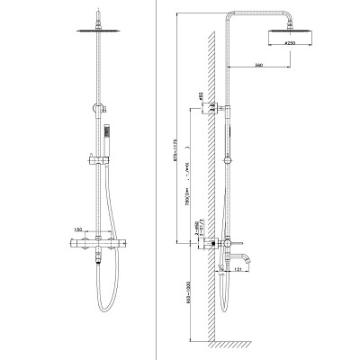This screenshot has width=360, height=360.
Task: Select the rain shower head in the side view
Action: click(292, 31)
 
